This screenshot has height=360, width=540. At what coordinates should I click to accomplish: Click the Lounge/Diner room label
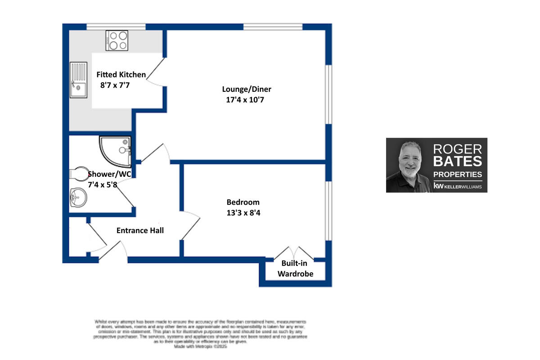[x=249, y=89]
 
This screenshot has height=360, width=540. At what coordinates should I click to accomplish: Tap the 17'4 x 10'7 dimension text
[x=244, y=100]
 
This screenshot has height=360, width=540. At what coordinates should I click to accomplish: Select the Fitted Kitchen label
[x=121, y=75]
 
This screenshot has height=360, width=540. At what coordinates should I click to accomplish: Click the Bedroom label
[x=243, y=202]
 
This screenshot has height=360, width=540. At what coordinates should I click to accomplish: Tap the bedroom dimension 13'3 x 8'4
[x=243, y=213]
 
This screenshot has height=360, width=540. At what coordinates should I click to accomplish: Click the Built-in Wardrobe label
[x=295, y=269]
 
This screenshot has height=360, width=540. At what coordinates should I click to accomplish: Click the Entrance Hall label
[x=140, y=230]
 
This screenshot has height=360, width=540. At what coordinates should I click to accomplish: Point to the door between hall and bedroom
[x=190, y=225]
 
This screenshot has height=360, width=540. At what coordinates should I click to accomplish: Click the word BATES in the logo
[x=457, y=161]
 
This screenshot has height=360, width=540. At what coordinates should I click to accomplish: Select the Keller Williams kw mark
[x=437, y=185]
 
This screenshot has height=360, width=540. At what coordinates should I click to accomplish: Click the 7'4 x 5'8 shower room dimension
[x=102, y=184]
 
